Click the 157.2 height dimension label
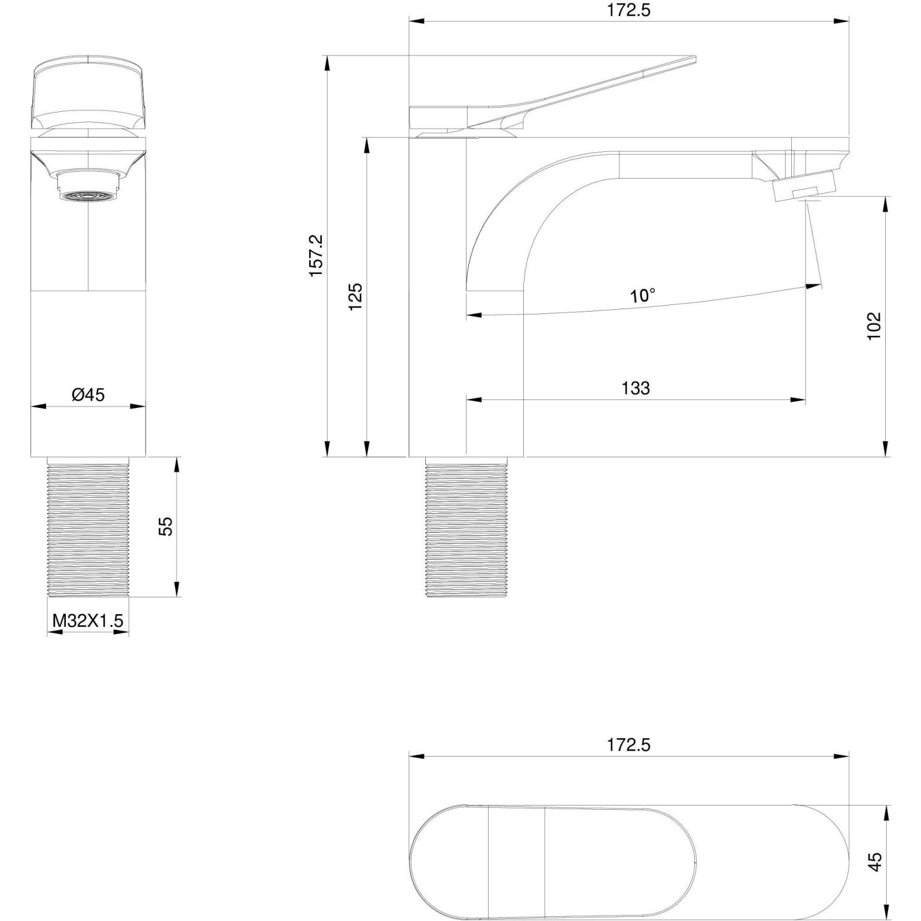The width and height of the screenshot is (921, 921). coord(316,255)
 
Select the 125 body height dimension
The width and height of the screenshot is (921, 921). coord(356,297)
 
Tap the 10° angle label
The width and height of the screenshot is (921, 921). coord(642,295)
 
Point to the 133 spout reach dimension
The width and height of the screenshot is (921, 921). coord(635,388)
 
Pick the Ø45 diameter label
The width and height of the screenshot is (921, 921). coord(88,395)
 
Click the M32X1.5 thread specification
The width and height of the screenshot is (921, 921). coord(88,621)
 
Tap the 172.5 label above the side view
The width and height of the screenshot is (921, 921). coord(629,10)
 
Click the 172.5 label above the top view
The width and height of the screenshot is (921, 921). coord(629,745)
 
